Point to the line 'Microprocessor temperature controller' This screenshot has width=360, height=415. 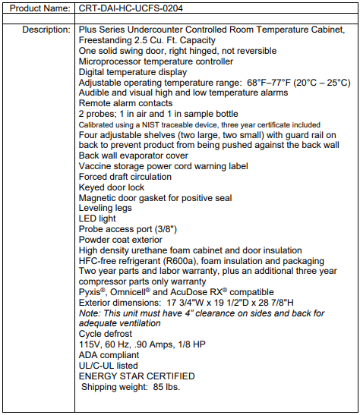[x=156, y=61]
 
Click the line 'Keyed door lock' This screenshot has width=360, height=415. [x=111, y=187]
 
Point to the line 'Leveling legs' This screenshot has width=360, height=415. [x=105, y=207]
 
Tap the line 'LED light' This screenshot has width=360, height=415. [x=99, y=218]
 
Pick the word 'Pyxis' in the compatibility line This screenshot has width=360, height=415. [x=92, y=292]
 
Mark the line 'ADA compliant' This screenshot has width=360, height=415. [x=109, y=354]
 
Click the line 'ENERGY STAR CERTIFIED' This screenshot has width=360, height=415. [x=137, y=376]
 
